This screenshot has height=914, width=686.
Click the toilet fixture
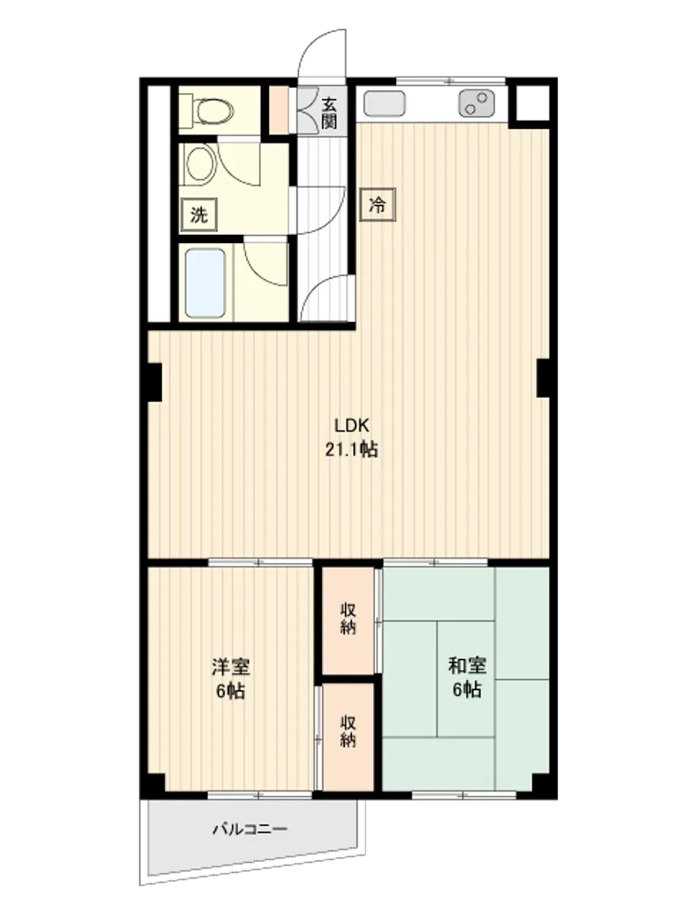[x=206, y=109]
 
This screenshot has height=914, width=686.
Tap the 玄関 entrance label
[x=329, y=113]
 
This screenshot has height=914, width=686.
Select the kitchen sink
[x=384, y=104]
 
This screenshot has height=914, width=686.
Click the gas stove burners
[x=476, y=104]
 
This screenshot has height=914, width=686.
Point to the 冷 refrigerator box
[x=378, y=205]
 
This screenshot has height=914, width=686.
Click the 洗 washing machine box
[x=198, y=215]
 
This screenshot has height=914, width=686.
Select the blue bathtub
[x=205, y=282]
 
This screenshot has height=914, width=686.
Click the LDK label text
[x=352, y=425]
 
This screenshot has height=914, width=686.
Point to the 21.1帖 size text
[x=351, y=450]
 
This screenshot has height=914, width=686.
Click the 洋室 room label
[x=231, y=665]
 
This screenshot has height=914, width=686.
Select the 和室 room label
[x=467, y=665]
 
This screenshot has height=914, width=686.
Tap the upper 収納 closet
[x=348, y=621]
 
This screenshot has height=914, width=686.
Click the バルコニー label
[x=250, y=828]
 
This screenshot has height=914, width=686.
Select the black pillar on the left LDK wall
[x=153, y=382]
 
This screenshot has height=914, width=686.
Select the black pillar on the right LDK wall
[x=544, y=377]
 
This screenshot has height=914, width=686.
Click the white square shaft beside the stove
[x=532, y=104]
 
